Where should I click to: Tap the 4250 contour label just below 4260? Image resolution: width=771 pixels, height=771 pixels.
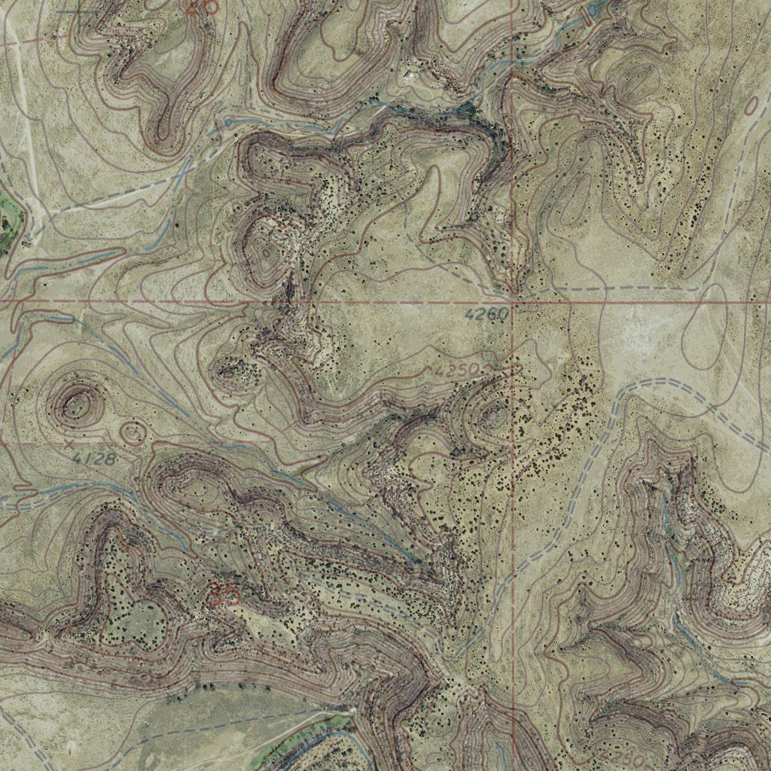coord(457,370)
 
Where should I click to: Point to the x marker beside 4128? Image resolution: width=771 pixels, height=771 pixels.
coord(69,445)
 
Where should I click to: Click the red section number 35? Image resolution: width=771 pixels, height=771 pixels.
coord(224,594)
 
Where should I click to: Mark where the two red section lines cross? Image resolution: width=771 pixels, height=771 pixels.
coord(512,302)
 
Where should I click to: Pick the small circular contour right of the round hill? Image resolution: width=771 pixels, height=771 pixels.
coord(133,433)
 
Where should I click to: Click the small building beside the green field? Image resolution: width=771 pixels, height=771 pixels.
coord(28,242)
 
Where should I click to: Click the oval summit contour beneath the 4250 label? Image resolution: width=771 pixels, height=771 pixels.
coord(495,413)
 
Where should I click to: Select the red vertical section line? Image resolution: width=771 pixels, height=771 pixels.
coord(512,527)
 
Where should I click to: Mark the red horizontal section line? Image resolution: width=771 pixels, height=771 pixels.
coord(151,301)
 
